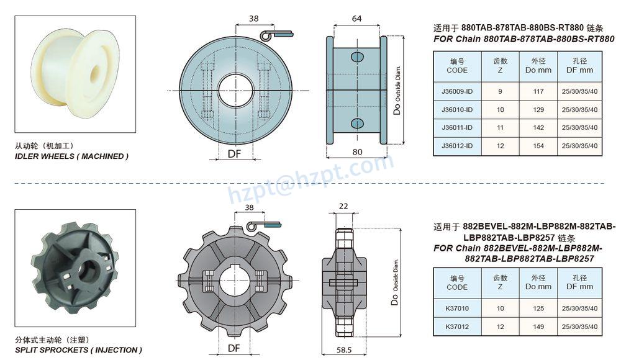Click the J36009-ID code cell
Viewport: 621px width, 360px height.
457,91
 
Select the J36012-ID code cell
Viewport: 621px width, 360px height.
457,146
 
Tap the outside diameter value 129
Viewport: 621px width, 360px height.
538,110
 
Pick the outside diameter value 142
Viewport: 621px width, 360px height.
538,127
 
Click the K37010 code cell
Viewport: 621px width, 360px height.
457,308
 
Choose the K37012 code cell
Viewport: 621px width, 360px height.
457,326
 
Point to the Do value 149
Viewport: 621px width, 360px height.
538,326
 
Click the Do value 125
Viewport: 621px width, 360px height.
538,308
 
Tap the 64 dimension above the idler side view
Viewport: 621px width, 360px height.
356,19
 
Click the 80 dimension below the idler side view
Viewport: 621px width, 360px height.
357,151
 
